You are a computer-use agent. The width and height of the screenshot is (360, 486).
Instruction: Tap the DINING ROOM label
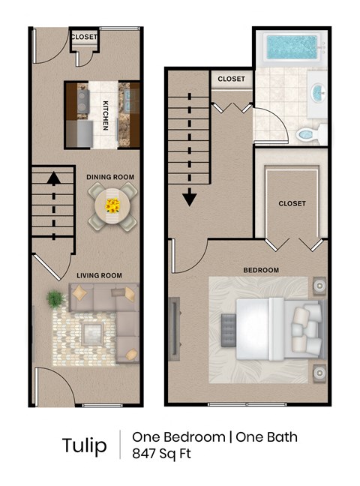click(110, 177)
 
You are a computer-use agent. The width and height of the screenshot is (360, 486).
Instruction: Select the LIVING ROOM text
click(99, 276)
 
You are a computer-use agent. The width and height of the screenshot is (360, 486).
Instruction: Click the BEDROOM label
click(261, 270)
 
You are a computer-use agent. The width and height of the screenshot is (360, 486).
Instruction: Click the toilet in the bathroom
click(307, 135)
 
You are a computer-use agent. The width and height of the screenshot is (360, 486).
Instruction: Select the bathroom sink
click(317, 94)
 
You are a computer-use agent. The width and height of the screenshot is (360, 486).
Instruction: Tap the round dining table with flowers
click(112, 205)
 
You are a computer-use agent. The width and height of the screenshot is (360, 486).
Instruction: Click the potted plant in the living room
click(55, 299)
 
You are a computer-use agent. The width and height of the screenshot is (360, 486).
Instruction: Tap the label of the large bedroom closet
click(292, 203)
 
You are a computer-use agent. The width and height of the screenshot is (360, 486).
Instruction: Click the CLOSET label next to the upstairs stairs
click(231, 79)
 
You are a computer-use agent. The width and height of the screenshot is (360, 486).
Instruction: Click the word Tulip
click(84, 445)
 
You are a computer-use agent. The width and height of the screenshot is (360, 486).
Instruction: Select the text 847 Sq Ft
click(161, 453)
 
